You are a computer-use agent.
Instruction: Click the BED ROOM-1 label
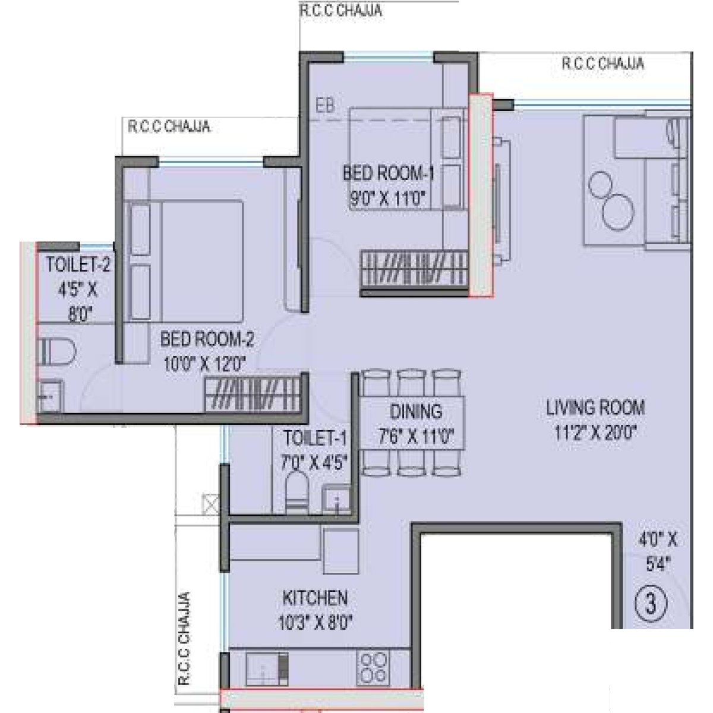click(388, 174)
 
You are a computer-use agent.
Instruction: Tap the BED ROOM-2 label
click(207, 340)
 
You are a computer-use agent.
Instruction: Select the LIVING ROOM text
click(595, 408)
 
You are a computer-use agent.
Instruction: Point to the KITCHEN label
click(314, 597)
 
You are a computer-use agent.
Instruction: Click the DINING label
click(416, 411)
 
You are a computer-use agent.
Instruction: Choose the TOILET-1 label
click(314, 438)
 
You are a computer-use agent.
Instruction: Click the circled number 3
click(651, 605)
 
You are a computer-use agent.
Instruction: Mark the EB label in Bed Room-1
click(325, 106)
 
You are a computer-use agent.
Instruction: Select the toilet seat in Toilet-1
click(295, 491)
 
